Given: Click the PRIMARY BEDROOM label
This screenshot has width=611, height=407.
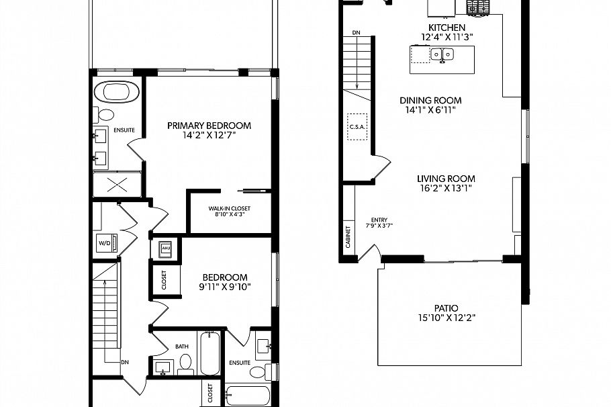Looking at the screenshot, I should (x=209, y=126).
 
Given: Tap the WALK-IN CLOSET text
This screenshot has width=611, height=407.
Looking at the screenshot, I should (x=229, y=208).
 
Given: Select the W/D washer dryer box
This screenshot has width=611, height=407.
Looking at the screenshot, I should (x=105, y=243).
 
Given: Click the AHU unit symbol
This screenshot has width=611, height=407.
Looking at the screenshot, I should (x=164, y=250).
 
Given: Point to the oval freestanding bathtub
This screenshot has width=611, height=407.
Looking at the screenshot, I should (x=117, y=91).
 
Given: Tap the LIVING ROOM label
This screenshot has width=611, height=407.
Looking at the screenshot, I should (x=446, y=179).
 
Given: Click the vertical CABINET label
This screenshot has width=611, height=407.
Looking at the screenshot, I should (x=348, y=237).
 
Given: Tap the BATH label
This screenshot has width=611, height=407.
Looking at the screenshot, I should (x=183, y=347).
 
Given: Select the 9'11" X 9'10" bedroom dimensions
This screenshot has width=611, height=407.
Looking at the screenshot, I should (x=226, y=287).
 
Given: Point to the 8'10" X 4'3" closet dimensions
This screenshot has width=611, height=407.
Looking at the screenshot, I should (x=229, y=215).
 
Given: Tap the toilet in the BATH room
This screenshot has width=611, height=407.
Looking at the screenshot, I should (x=185, y=366).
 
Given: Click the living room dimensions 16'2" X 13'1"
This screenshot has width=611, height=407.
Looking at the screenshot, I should (x=446, y=189).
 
